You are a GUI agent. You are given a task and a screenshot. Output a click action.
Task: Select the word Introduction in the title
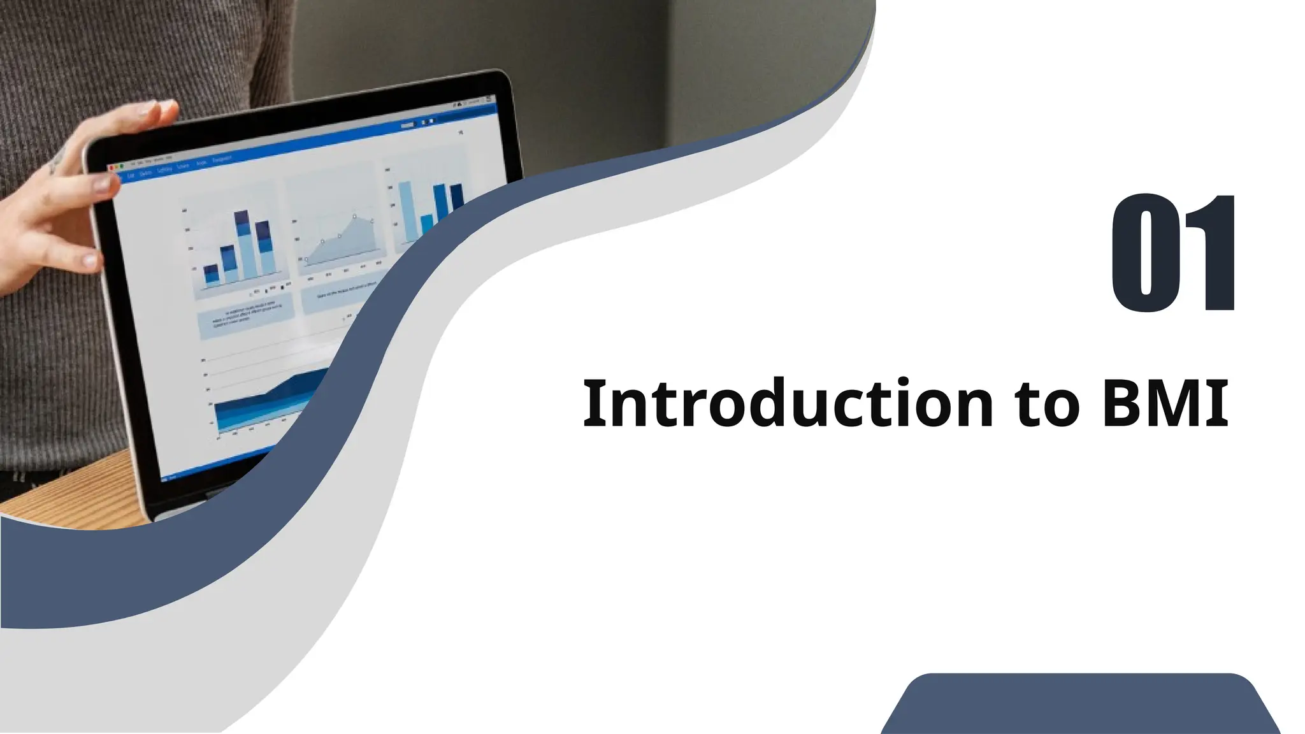point(788,403)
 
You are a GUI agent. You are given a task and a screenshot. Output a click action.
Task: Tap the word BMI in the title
point(1165,403)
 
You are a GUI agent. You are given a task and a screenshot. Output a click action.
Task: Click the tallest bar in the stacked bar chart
point(242,246)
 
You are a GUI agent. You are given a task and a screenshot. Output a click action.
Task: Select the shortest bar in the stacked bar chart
point(211,275)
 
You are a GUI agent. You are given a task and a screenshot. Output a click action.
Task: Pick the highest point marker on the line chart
point(355,217)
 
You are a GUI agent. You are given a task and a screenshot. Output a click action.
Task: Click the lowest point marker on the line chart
point(306,259)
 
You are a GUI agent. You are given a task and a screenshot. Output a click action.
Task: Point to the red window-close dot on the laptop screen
point(111,168)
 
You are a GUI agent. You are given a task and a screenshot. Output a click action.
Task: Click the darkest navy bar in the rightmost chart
point(456,198)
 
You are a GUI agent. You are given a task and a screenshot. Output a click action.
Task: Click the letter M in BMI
point(1174,403)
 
